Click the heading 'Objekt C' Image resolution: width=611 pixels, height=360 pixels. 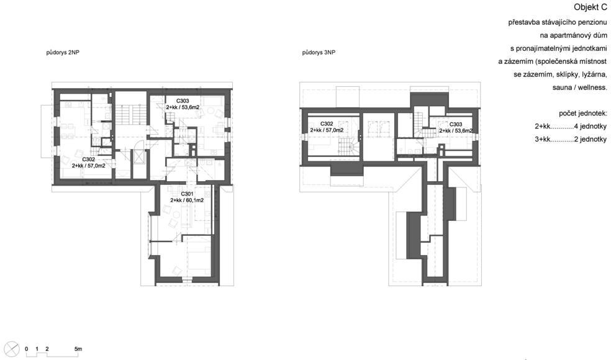click(x=590, y=8)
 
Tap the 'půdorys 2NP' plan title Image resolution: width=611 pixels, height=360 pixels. click(x=63, y=52)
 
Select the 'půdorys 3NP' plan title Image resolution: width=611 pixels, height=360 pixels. click(x=319, y=52)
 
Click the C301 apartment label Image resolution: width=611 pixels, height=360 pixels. click(x=187, y=194)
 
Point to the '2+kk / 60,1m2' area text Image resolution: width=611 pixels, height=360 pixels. click(x=187, y=200)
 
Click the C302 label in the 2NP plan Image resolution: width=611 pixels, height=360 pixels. click(x=88, y=160)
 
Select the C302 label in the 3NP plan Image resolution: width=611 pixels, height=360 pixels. click(x=327, y=124)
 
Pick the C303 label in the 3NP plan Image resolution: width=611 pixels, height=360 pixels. click(x=456, y=125)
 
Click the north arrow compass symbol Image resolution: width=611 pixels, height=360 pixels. click(x=13, y=348)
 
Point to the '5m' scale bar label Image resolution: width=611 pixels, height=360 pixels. click(x=78, y=349)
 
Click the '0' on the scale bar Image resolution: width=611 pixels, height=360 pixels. click(x=27, y=349)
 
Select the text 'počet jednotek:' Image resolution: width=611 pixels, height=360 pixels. click(x=583, y=114)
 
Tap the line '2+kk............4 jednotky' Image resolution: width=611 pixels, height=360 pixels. click(x=571, y=127)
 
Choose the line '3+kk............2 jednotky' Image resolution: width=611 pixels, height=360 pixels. click(x=571, y=140)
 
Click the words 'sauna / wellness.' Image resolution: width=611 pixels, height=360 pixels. click(x=580, y=88)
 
